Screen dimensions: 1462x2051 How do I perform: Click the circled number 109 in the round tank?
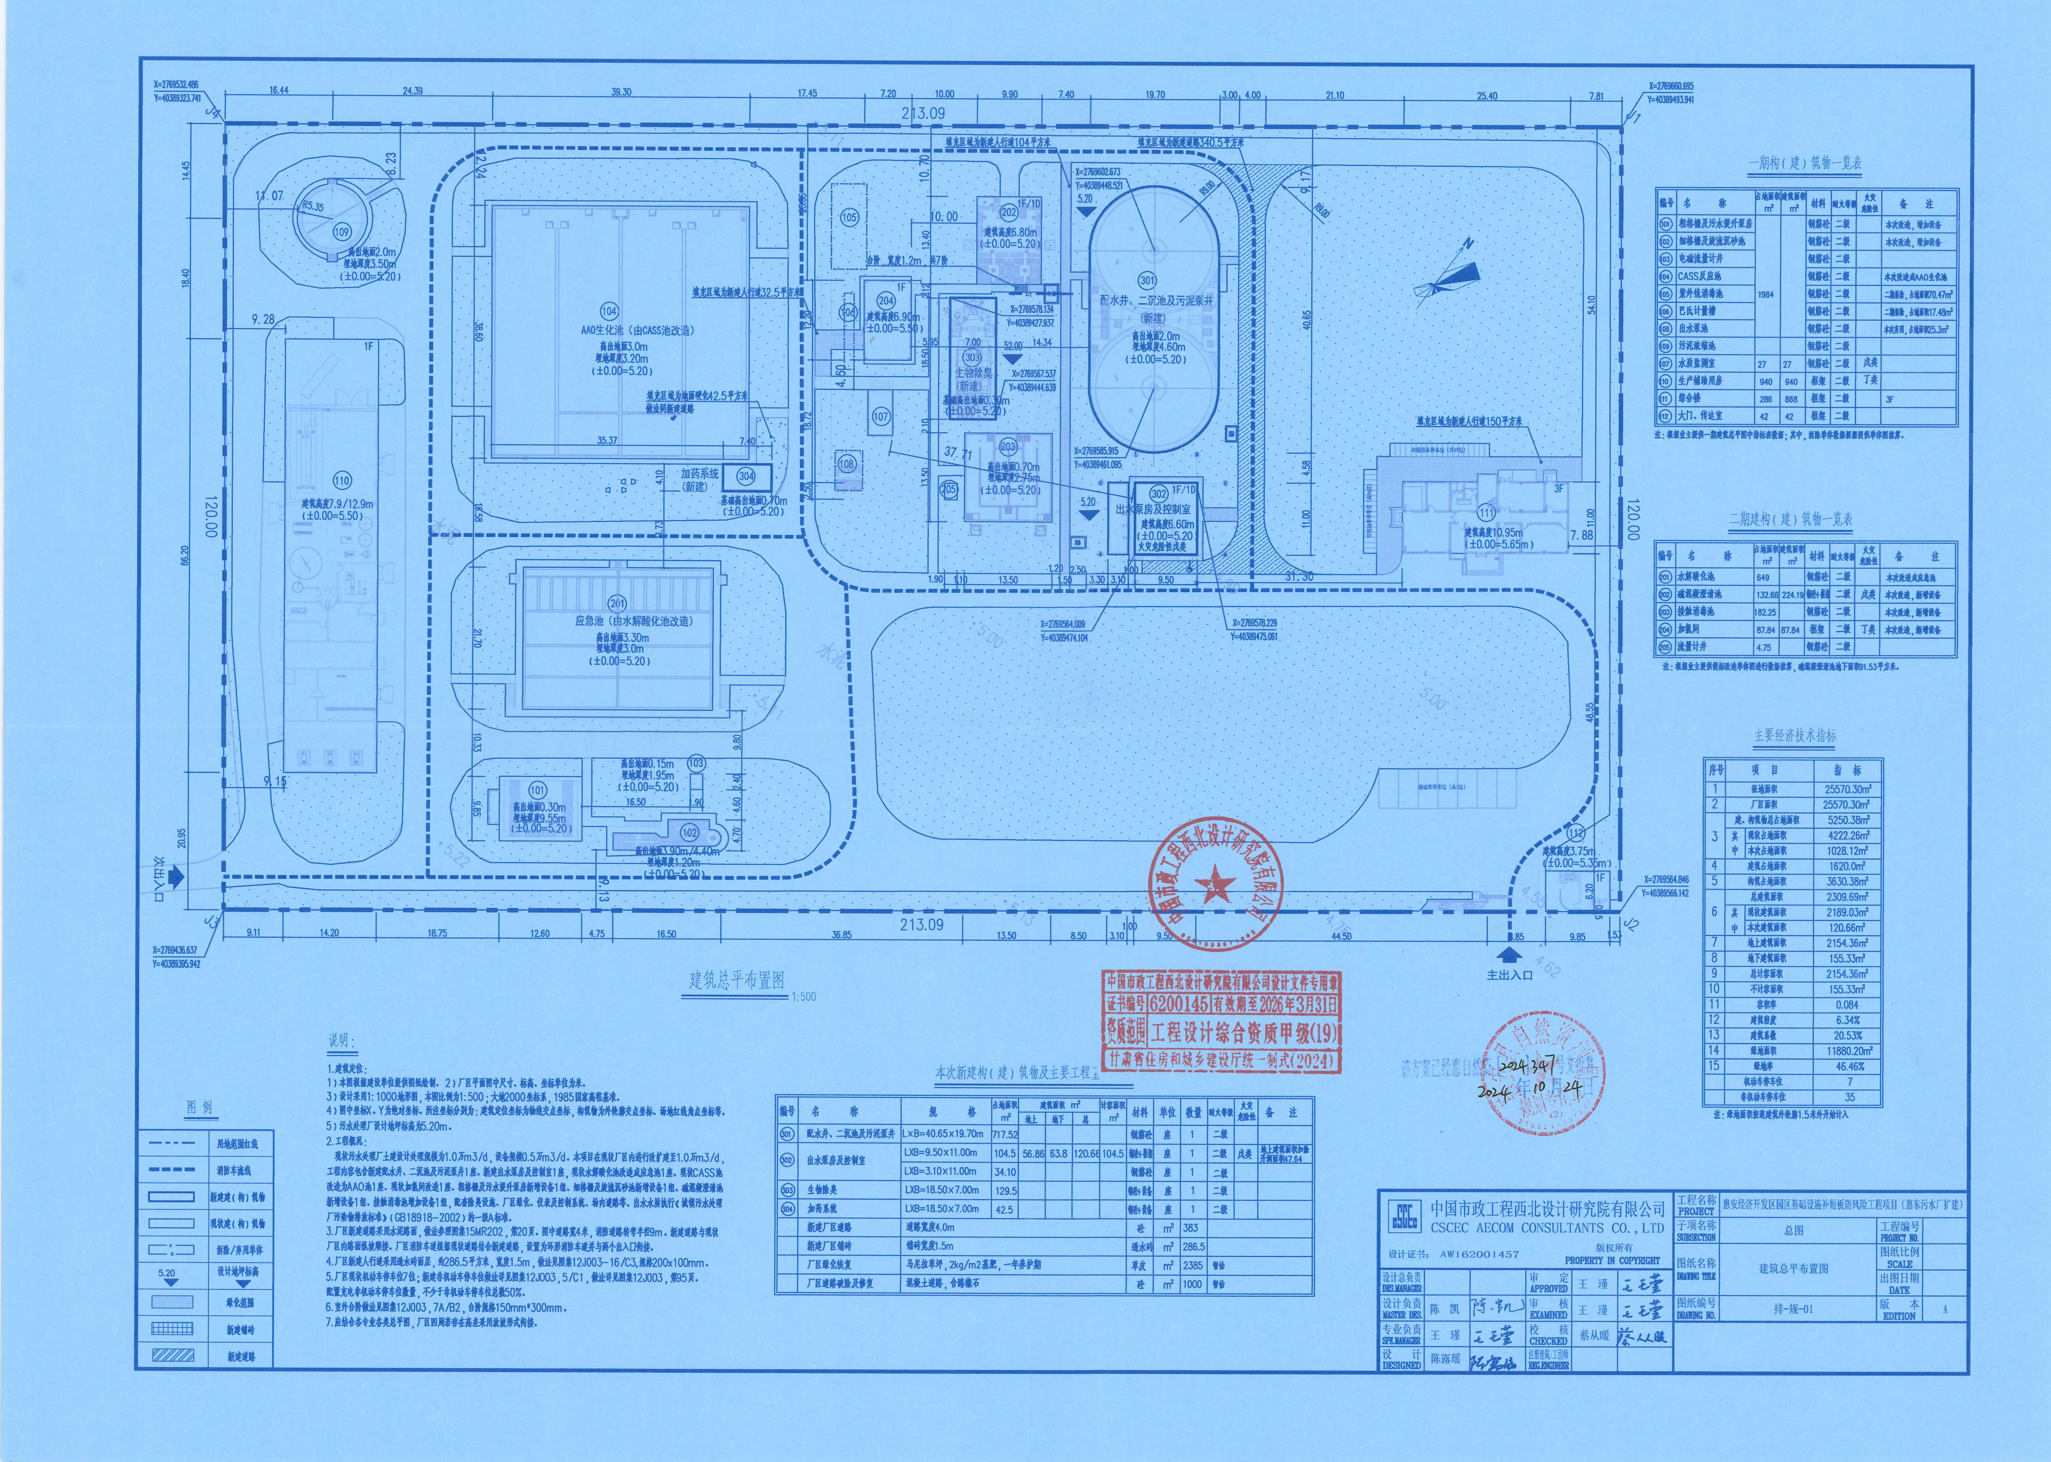tap(341, 232)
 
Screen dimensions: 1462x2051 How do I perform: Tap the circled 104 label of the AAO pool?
tap(609, 312)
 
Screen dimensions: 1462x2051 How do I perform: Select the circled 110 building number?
tap(341, 481)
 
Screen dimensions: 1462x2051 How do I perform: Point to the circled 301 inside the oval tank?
tap(1147, 280)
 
